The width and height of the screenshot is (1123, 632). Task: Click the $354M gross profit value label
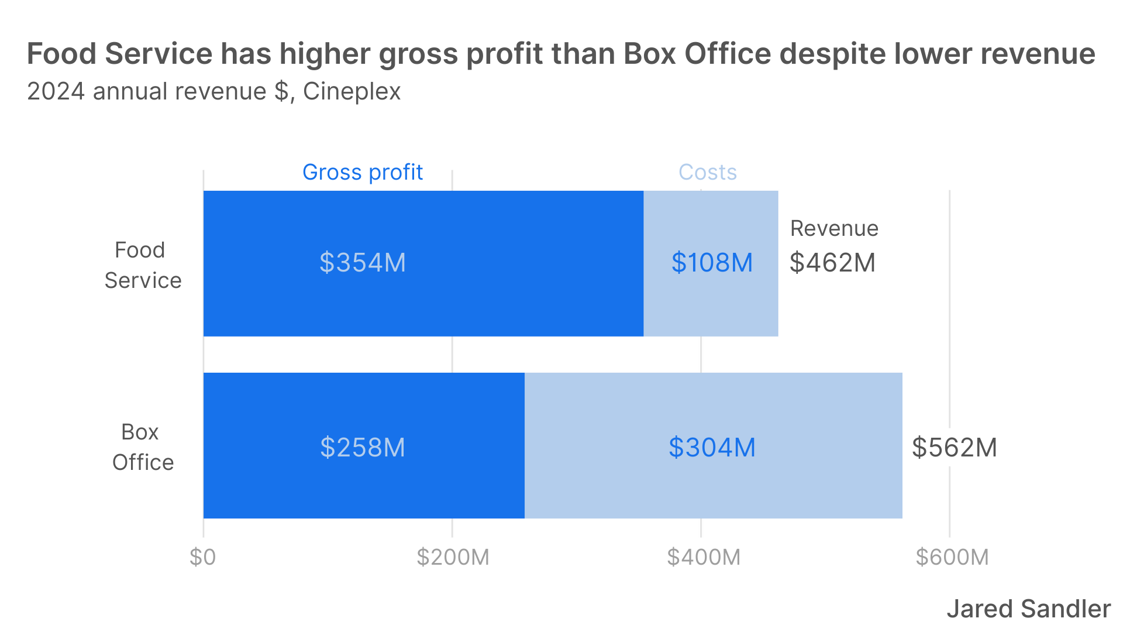tap(363, 263)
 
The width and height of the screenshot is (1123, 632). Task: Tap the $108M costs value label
tap(712, 263)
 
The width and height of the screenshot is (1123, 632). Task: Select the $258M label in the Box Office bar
tap(363, 448)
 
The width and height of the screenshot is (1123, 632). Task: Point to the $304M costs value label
tap(712, 448)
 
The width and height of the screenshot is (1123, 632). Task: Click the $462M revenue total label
tap(832, 263)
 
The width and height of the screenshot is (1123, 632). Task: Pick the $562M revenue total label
tap(954, 448)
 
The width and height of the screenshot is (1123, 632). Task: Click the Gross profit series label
tap(363, 173)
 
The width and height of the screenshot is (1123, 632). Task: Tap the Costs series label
tap(707, 173)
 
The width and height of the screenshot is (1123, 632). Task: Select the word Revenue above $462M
tap(834, 229)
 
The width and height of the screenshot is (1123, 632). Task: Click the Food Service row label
tap(143, 265)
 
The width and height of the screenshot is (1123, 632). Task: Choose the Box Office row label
tap(143, 447)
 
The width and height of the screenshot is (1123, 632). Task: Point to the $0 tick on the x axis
tap(203, 557)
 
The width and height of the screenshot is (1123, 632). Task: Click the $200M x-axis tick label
tap(453, 557)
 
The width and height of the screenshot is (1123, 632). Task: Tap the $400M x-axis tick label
tap(703, 557)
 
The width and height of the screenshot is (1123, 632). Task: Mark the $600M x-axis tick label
tap(952, 557)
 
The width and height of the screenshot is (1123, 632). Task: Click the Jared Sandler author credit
tap(1028, 609)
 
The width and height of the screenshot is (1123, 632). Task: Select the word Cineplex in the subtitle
tap(352, 92)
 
